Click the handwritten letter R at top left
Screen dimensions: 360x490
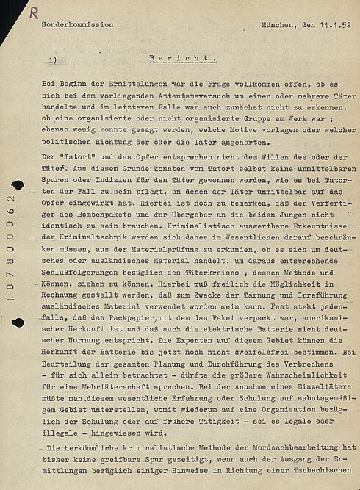pos(34,11)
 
